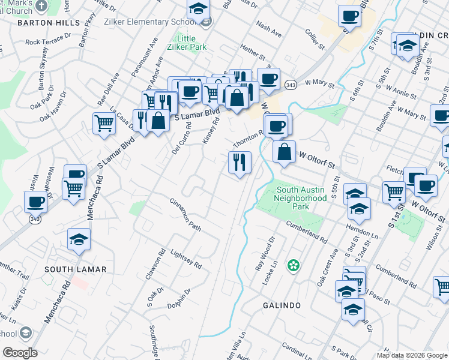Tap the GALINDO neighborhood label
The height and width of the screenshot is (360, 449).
click(282, 305)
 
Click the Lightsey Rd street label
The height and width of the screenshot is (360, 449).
click(185, 259)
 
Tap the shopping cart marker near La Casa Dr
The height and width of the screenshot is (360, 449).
click(104, 123)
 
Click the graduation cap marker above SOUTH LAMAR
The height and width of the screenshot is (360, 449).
click(79, 239)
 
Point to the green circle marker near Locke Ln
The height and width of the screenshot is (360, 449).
click(294, 265)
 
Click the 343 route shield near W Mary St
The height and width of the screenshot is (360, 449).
click(289, 84)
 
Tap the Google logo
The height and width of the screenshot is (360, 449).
click(20, 353)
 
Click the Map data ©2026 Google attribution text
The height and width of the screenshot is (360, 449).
click(412, 355)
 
